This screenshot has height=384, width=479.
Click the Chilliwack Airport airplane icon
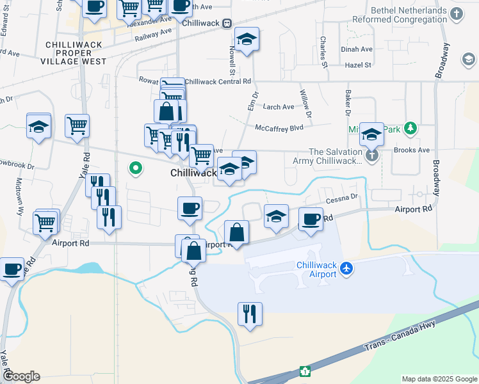[346, 268]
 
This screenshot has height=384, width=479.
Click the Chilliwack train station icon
[227, 23]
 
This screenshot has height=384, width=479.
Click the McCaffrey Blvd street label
[279, 128]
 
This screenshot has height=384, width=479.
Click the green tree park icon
[410, 129]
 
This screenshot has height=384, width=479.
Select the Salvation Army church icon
[371, 156]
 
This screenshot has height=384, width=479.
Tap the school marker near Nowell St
[246, 39]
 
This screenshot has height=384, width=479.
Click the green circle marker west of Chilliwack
[135, 169]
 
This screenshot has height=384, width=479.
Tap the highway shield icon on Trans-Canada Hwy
[305, 371]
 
